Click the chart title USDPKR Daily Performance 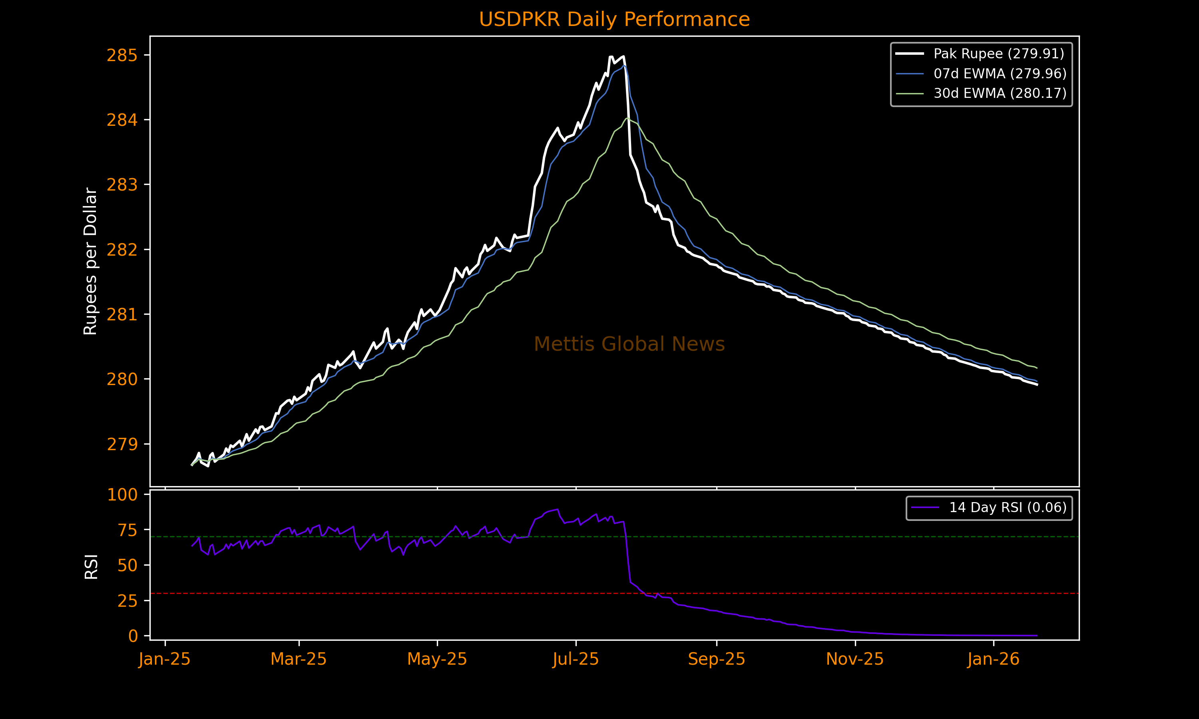(614, 20)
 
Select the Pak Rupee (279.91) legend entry (999, 54)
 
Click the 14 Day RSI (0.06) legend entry (1008, 507)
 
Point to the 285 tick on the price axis (122, 56)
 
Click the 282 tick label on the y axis (122, 250)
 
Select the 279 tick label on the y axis (122, 444)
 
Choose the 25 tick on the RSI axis (127, 601)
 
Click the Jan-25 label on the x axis (164, 659)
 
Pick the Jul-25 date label (576, 659)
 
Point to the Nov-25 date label (855, 659)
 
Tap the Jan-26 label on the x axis (994, 659)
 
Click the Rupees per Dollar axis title (91, 261)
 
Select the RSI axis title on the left (91, 566)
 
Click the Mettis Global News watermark (629, 344)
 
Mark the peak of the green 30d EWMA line (627, 118)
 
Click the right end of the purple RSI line (1037, 635)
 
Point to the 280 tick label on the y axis (122, 379)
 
